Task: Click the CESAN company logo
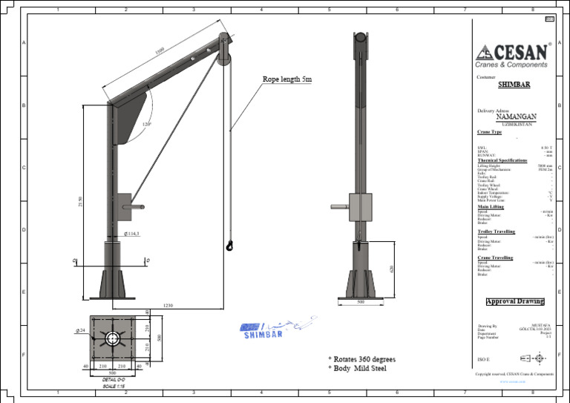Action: click(x=513, y=55)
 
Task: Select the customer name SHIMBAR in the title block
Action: click(x=514, y=85)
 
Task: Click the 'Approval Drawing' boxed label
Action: click(x=514, y=301)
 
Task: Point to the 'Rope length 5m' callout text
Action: click(x=287, y=79)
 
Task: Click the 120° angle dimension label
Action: click(x=147, y=124)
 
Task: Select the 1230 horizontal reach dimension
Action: click(x=168, y=306)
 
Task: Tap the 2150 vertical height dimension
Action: click(x=79, y=202)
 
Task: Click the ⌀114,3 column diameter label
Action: click(x=132, y=233)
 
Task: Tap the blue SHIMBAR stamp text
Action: click(x=263, y=335)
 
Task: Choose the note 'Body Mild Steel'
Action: click(x=359, y=369)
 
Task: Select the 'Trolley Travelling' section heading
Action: click(x=496, y=232)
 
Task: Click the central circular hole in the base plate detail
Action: click(x=112, y=338)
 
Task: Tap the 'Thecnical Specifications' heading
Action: click(x=502, y=160)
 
